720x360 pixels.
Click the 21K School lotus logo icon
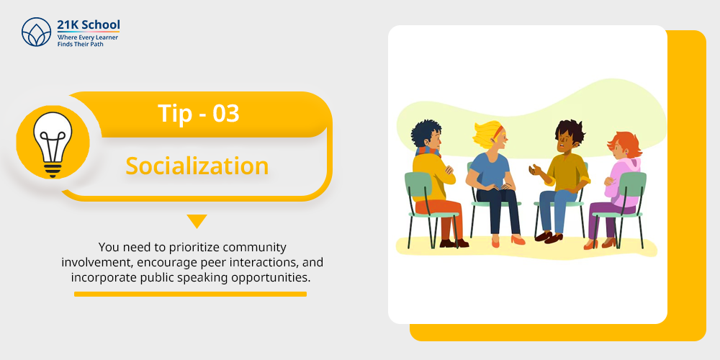36,32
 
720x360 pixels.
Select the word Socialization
197,166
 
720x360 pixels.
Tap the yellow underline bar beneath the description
190,294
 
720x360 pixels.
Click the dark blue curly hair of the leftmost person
426,132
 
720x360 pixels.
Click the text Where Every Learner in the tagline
87,37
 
